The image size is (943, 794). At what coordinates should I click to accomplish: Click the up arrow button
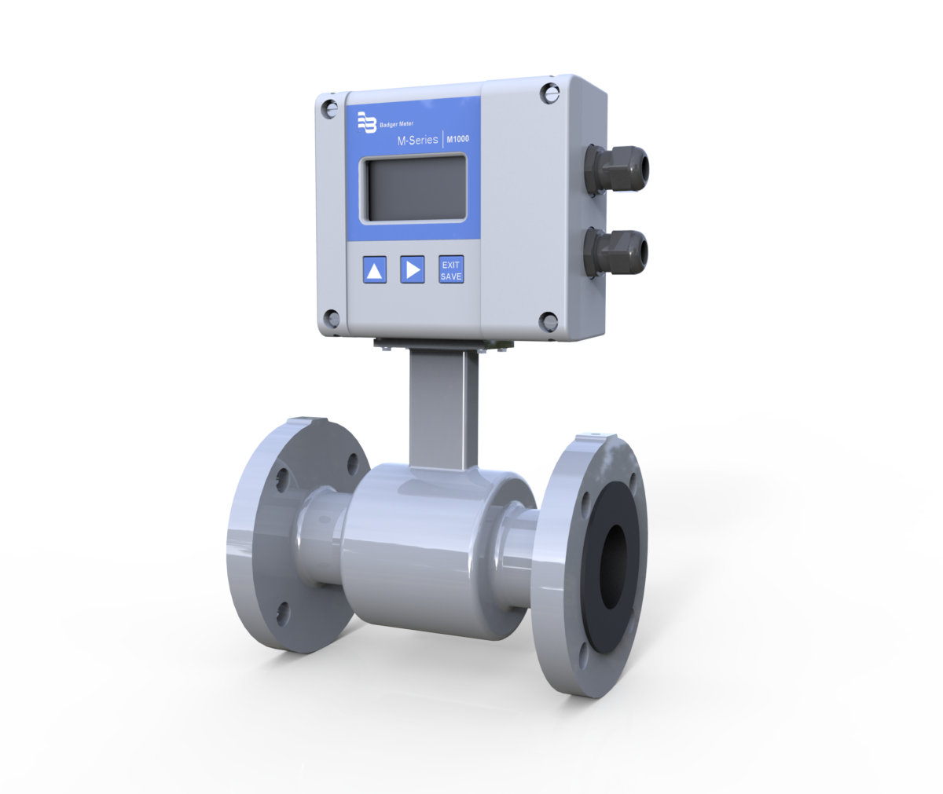pos(375,271)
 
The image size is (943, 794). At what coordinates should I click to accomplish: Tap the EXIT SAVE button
pos(451,269)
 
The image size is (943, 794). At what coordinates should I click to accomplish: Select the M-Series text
pos(417,141)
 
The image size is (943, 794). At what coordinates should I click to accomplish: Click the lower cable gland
pos(621,252)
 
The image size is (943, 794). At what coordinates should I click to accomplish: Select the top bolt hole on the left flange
pos(281,476)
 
